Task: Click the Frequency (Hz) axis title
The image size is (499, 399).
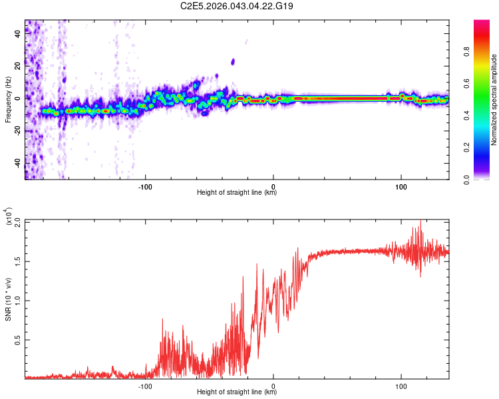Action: pos(9,99)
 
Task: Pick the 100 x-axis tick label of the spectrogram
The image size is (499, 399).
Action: pos(401,186)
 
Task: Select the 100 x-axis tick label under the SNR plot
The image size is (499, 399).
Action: pos(401,386)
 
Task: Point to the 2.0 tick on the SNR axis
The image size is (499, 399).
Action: pos(18,221)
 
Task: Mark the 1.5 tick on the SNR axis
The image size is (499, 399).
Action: pos(18,261)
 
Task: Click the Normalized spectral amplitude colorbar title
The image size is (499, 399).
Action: pos(494,100)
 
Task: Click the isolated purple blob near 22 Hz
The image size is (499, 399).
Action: pos(233,62)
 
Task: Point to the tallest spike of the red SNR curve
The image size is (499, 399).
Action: pos(420,222)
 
